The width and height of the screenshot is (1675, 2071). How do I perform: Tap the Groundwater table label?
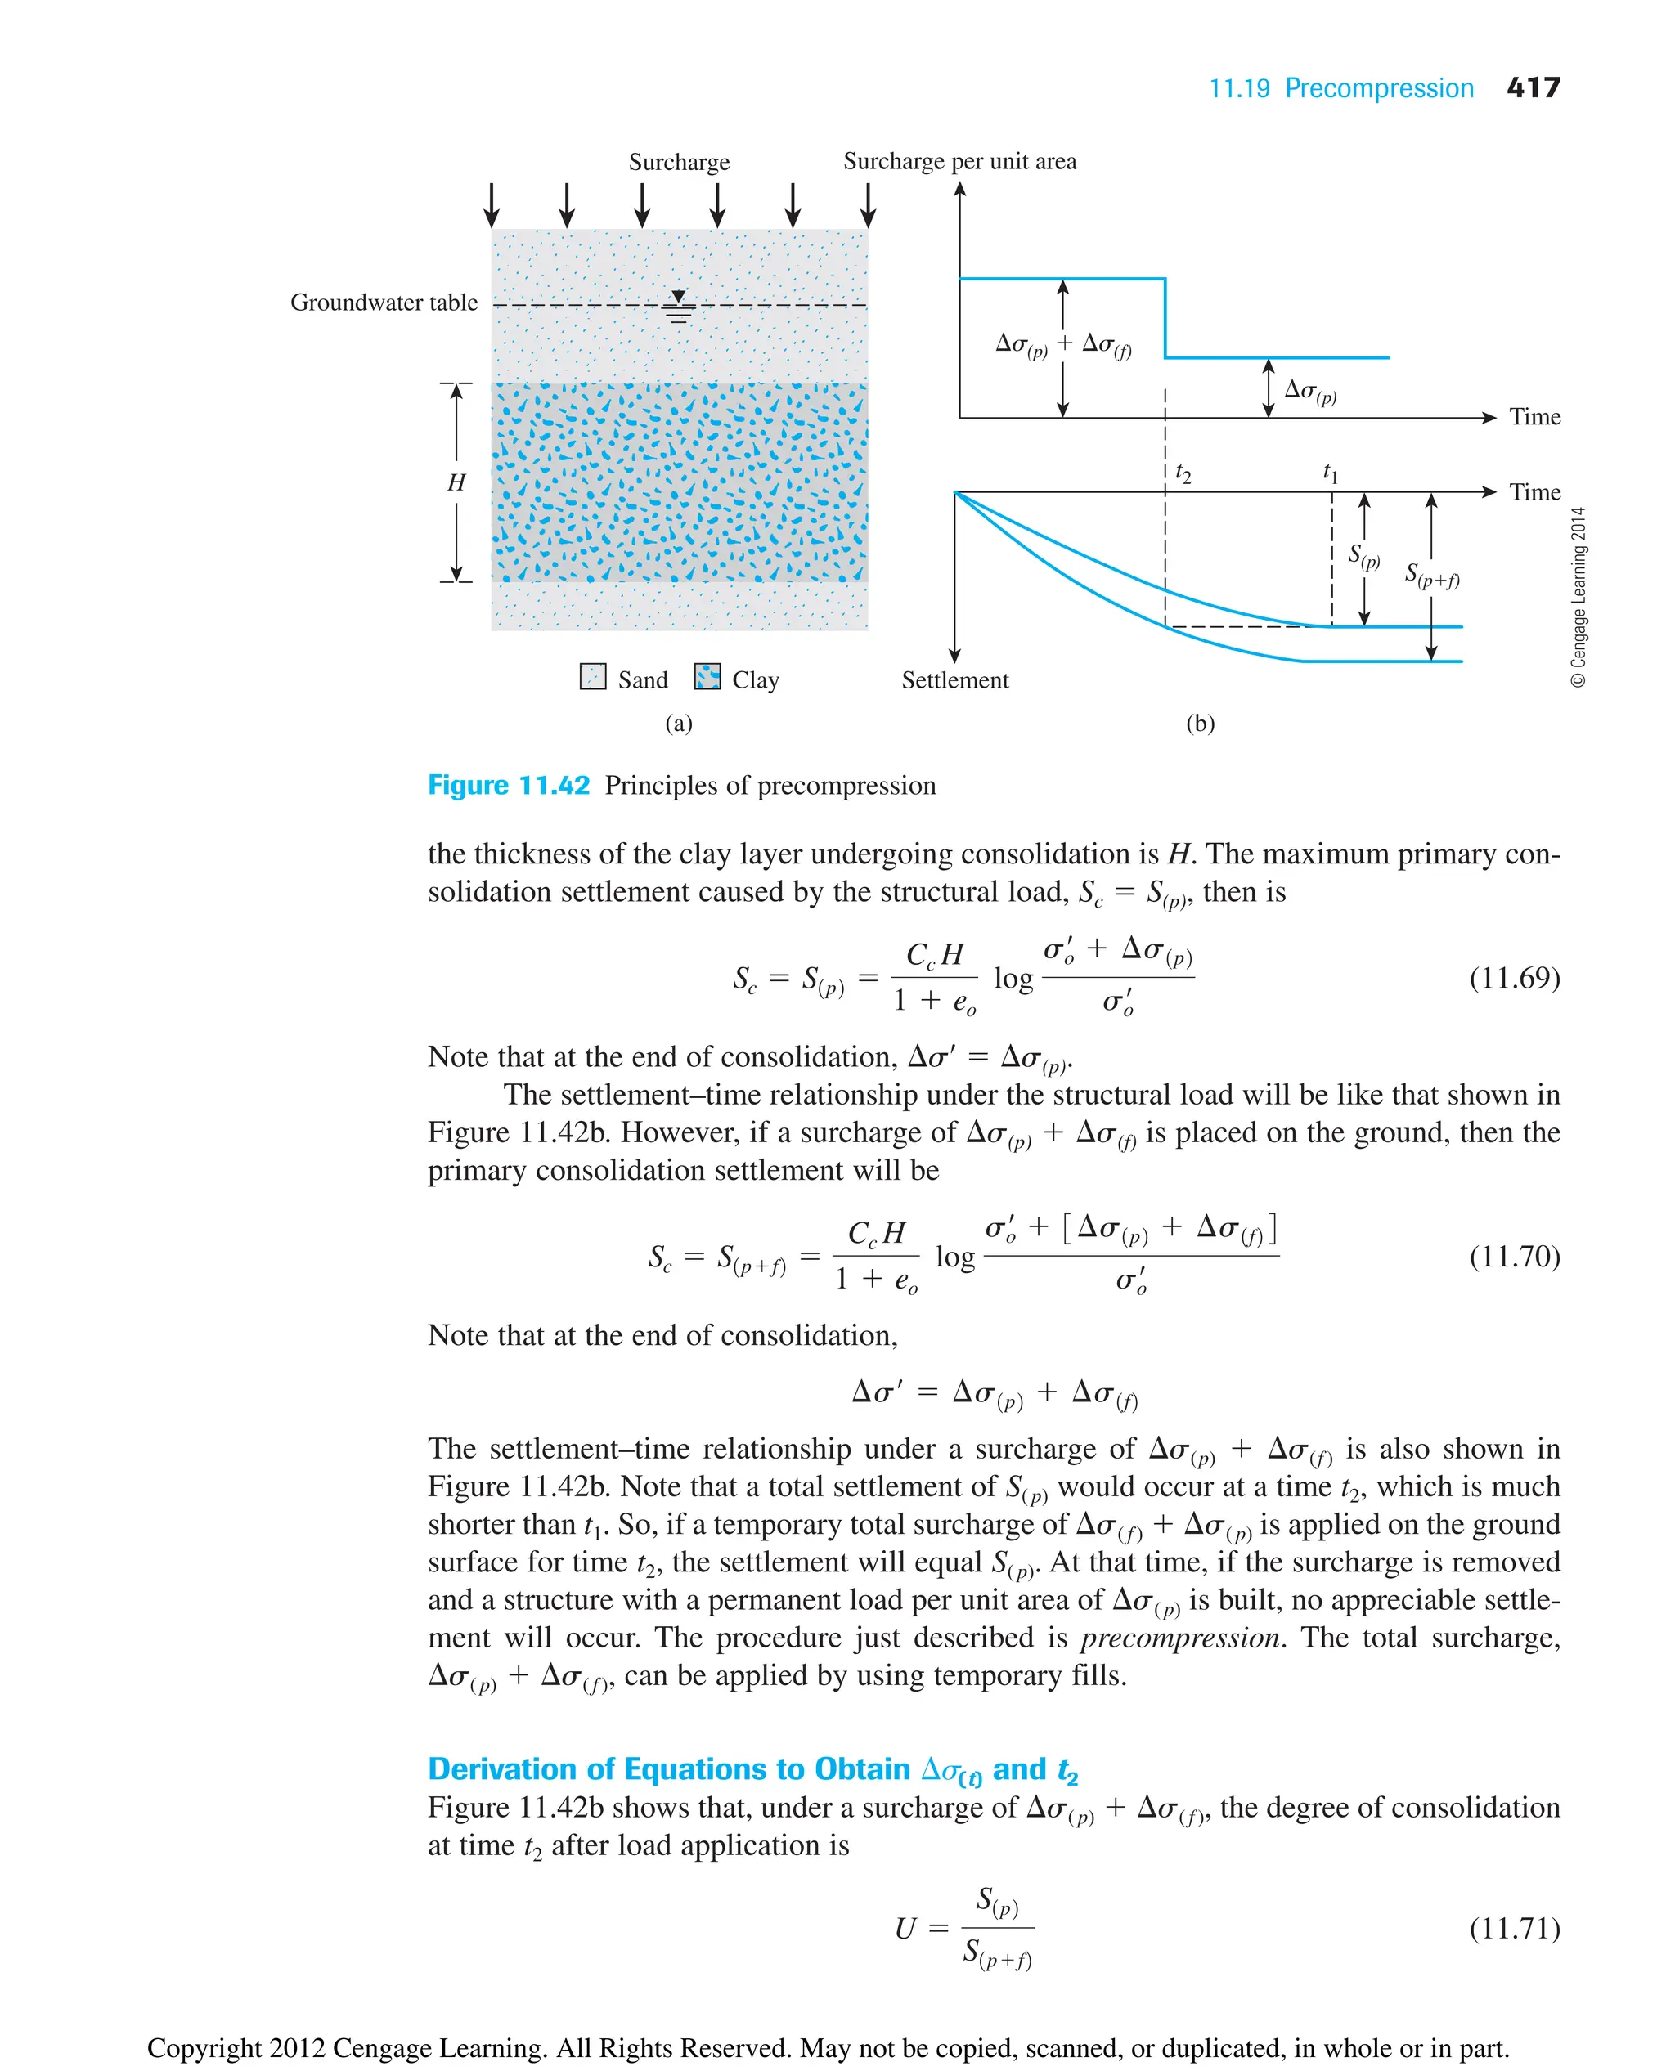[384, 303]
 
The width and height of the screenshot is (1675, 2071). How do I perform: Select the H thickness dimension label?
[456, 482]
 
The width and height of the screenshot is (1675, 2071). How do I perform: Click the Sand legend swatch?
[592, 676]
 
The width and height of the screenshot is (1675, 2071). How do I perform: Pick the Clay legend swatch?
[707, 676]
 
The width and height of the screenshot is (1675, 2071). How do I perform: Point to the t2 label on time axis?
[1183, 473]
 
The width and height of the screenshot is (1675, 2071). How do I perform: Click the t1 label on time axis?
[1330, 473]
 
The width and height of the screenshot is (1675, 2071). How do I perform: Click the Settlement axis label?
[954, 680]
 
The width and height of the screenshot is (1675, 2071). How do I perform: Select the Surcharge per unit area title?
[959, 161]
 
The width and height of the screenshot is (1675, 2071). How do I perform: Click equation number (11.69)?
[1514, 978]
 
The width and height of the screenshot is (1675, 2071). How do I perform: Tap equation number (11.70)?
[1514, 1256]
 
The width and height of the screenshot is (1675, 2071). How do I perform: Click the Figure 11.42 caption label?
[509, 785]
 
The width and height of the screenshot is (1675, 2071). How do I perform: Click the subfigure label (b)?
[1199, 724]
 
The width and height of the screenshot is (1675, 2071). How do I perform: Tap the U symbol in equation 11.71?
[905, 1930]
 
